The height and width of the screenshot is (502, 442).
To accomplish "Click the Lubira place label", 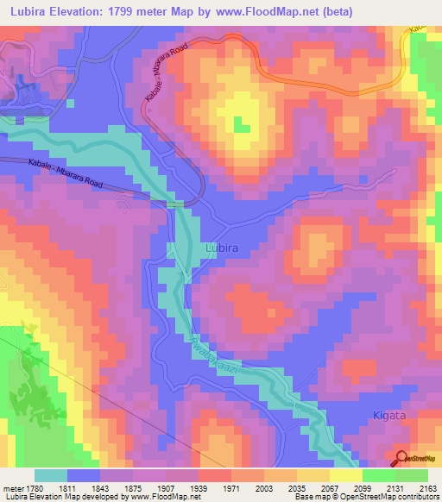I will coord(222,248).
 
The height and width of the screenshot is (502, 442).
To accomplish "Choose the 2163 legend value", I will coord(427,489).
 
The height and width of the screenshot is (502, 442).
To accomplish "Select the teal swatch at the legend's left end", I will coord(51,475).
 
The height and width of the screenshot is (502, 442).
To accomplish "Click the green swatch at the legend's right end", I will coord(412,475).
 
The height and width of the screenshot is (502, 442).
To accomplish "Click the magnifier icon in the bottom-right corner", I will coord(401,459).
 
